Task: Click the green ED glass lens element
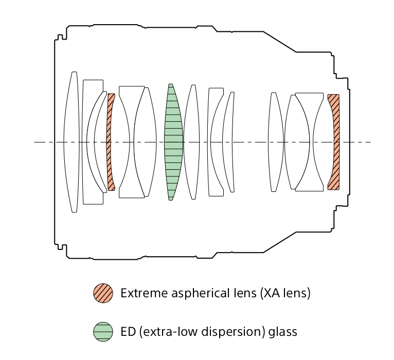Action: click(173, 141)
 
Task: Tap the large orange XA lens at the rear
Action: click(335, 141)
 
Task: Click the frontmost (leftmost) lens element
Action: click(71, 141)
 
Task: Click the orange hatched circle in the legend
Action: click(103, 293)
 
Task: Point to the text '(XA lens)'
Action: click(285, 293)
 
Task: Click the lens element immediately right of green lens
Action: click(192, 141)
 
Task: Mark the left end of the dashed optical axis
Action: click(35, 141)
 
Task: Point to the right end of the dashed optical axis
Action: click(369, 141)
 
